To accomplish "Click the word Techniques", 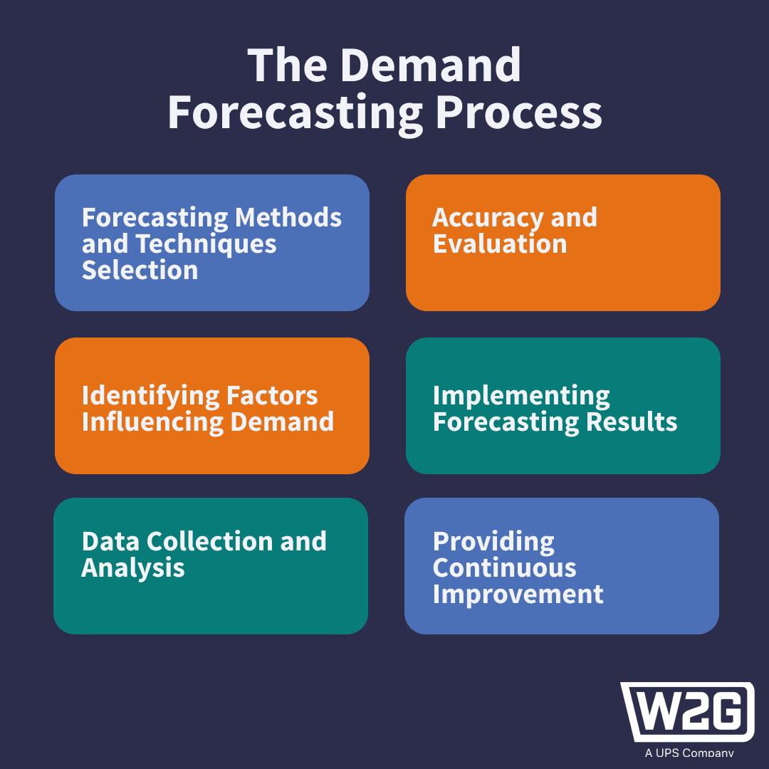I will [x=206, y=244].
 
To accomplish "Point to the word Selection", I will [x=140, y=270].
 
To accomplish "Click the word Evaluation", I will [x=500, y=244].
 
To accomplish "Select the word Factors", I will [x=273, y=394].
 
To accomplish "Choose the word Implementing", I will [x=521, y=396].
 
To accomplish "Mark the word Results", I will [x=632, y=422].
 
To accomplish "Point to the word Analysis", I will [x=133, y=567].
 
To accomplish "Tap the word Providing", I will [x=493, y=542].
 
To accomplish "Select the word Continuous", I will [x=505, y=567].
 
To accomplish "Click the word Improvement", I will [x=518, y=594].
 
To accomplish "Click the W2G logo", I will [x=688, y=712].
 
